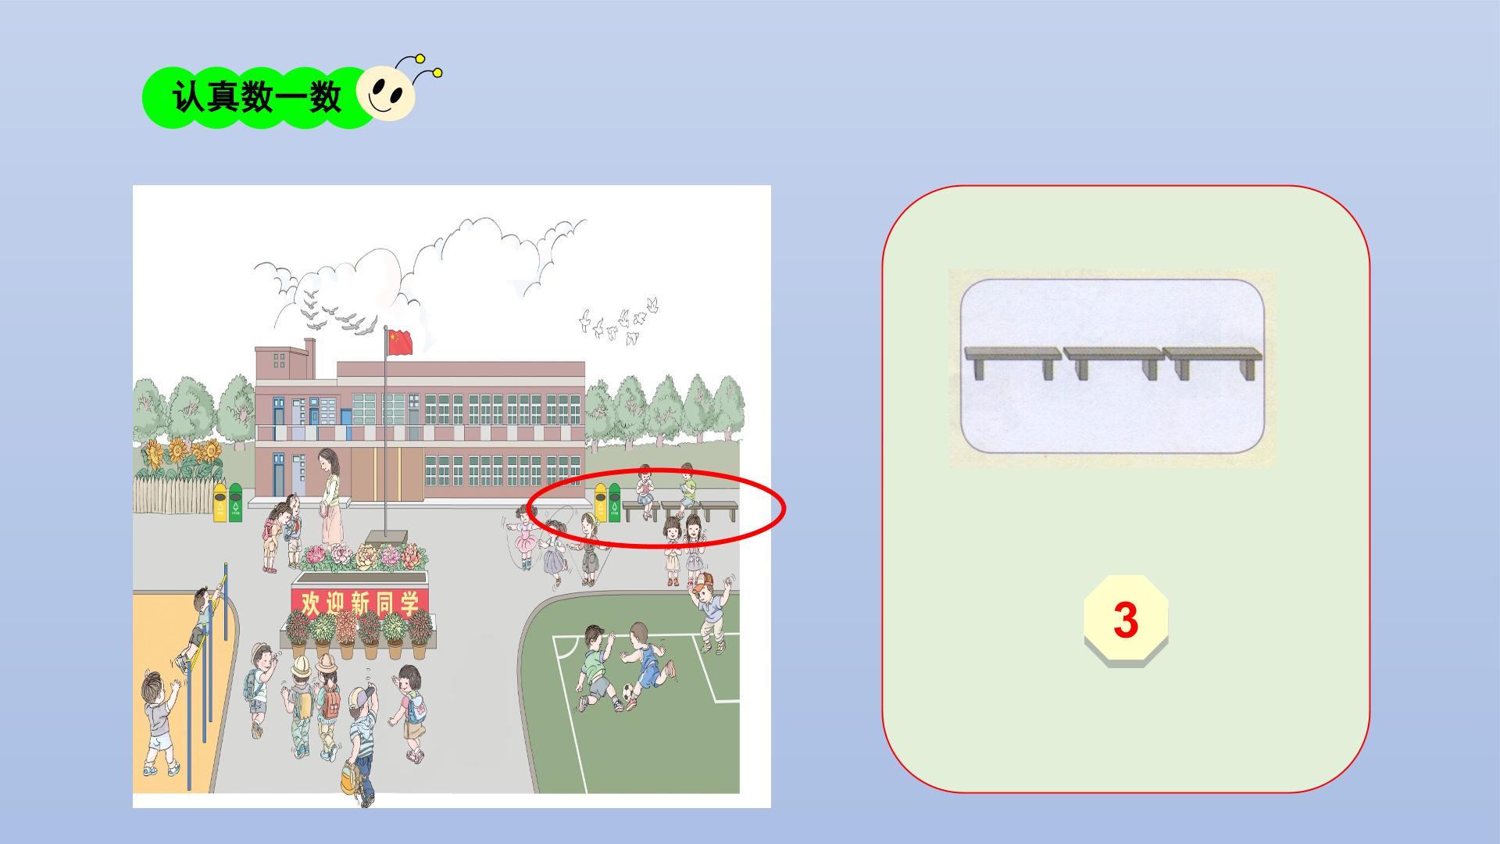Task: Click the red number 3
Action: point(1126,620)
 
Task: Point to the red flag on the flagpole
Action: point(400,342)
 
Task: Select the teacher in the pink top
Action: point(330,496)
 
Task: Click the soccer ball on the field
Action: point(628,692)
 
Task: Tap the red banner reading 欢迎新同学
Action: point(360,603)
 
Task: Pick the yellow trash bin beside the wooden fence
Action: point(220,502)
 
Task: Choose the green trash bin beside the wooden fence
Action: point(235,502)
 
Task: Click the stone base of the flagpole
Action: point(385,538)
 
